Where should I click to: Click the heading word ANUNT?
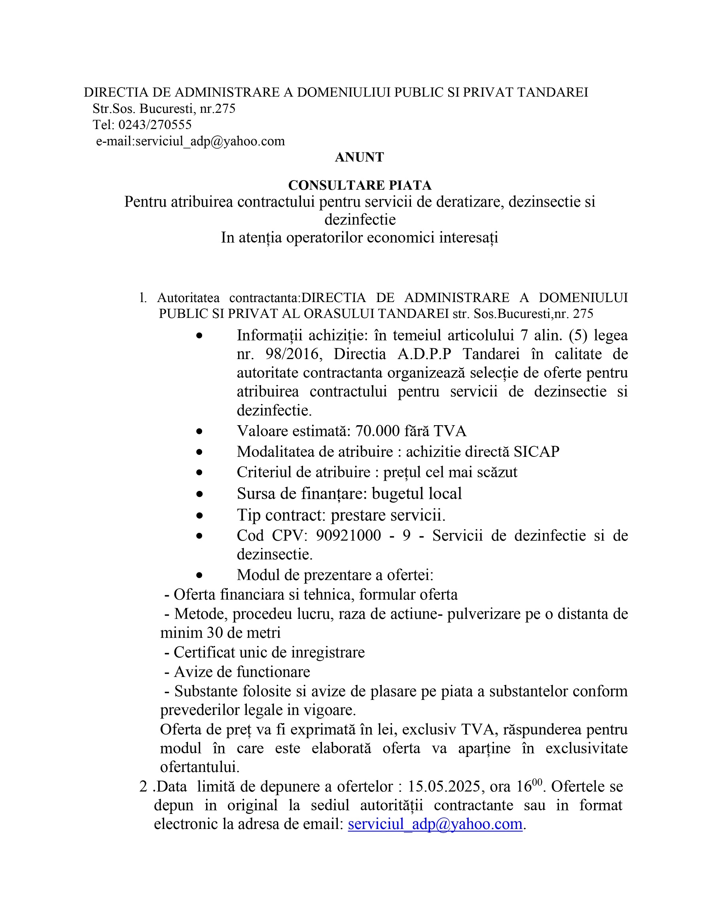360,158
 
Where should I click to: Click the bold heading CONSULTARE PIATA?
360,185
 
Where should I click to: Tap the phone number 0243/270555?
155,125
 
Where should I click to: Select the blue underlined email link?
435,824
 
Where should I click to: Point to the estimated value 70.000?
377,431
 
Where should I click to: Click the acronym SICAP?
536,452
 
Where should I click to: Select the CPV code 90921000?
348,535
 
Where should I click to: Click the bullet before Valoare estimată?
199,432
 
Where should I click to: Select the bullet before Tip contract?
199,515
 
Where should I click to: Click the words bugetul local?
417,494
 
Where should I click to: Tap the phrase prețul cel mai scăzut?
450,472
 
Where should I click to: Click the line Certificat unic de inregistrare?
269,652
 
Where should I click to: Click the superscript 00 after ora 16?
537,782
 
